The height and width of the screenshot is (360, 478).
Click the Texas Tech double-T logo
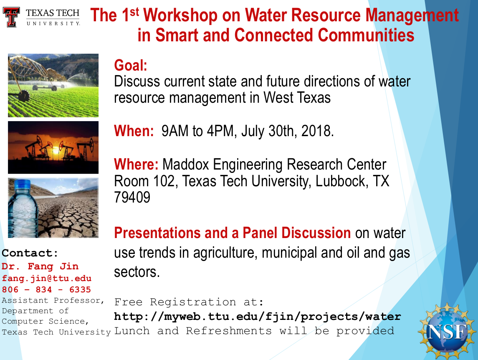11,17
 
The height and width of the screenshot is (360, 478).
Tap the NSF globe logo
447,331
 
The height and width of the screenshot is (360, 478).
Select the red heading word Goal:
131,65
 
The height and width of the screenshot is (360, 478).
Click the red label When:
134,131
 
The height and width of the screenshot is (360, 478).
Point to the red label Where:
136,164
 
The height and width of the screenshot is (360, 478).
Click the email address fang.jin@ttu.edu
47,278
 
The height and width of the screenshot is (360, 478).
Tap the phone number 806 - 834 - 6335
46,289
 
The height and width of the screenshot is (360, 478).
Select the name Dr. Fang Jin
40,266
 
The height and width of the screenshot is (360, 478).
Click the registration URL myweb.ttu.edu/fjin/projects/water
258,317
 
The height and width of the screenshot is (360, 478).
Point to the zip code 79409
132,198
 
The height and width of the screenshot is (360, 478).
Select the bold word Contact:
30,253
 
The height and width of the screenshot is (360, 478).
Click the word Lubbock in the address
340,181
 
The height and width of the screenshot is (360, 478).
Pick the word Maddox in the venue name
186,164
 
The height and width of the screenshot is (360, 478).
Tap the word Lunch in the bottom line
132,331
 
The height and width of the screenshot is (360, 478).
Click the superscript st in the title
134,12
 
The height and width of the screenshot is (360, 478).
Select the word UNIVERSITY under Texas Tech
53,23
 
